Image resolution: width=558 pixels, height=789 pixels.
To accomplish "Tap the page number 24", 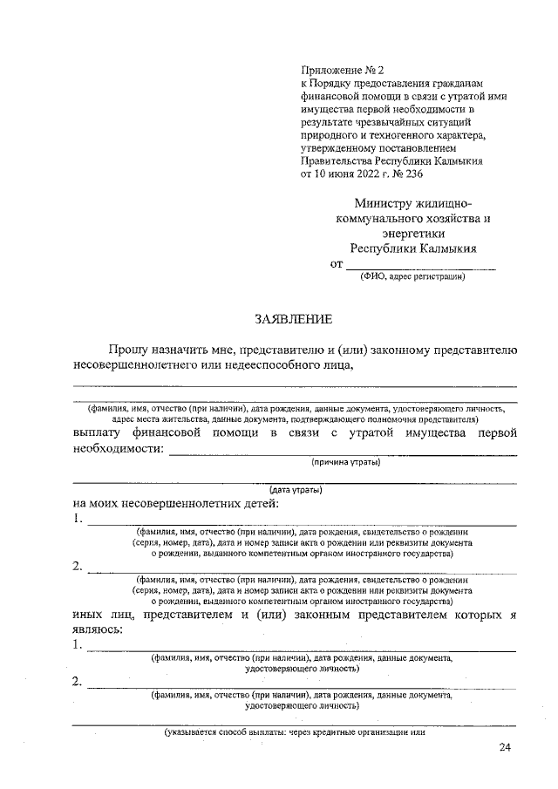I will [x=507, y=747].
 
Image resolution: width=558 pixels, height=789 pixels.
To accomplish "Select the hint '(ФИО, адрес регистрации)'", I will [x=413, y=278].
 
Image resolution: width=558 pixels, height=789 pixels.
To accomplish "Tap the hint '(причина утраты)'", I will [x=346, y=462].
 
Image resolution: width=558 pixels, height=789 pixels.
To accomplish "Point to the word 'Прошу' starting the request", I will [x=128, y=350].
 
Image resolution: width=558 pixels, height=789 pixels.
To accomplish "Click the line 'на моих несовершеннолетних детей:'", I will [x=177, y=504].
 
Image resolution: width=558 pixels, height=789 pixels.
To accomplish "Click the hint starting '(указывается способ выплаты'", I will [x=295, y=732].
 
